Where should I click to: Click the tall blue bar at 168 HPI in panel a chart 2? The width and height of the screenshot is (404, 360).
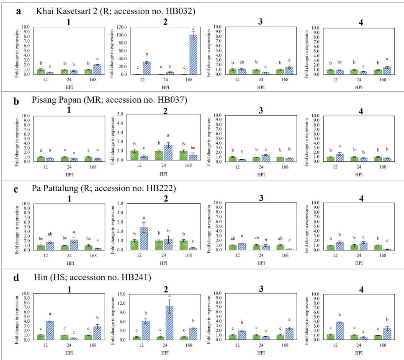[182, 54]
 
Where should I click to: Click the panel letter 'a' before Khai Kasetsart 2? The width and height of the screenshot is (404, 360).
[18, 11]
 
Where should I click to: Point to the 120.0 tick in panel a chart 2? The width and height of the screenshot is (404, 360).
[125, 27]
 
